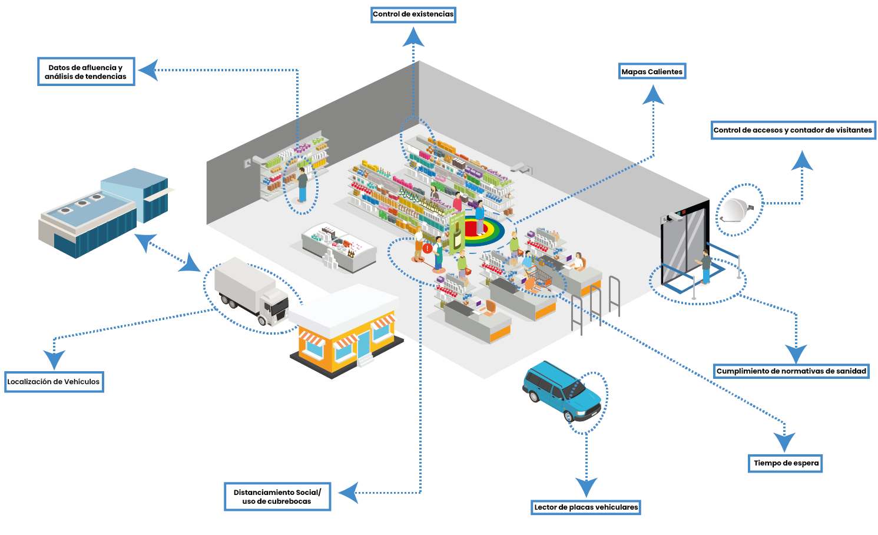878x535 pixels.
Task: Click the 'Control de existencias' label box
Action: [413, 15]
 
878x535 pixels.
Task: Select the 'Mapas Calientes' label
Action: [652, 71]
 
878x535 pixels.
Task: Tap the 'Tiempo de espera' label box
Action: [785, 463]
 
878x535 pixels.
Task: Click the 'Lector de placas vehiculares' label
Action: [586, 507]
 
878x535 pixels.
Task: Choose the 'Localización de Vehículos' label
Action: [54, 382]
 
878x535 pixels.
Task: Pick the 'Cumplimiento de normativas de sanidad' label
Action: [791, 371]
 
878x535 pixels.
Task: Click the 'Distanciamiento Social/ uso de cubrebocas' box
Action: [277, 497]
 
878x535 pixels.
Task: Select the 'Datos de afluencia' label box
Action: [86, 72]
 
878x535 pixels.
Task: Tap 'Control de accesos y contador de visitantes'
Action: [793, 130]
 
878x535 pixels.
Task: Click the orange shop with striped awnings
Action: [346, 332]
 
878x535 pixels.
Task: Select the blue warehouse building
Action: [104, 213]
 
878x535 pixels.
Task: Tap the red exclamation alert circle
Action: [428, 248]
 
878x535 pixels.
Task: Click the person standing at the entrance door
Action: [705, 267]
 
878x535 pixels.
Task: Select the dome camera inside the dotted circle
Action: [735, 210]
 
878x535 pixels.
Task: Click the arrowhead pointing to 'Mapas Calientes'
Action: [653, 95]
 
